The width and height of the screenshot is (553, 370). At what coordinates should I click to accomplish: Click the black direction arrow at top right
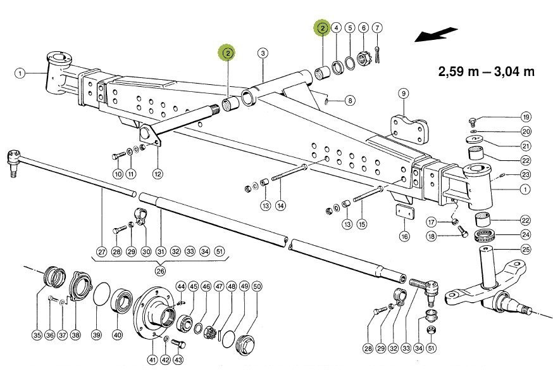[x=436, y=34]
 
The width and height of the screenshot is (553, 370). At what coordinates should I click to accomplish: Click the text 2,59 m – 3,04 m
[x=486, y=71]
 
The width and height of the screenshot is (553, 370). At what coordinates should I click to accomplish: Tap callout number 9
[x=402, y=94]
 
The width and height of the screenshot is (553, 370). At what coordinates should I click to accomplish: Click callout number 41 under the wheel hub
[x=152, y=359]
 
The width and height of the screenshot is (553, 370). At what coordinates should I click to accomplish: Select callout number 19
[x=526, y=117]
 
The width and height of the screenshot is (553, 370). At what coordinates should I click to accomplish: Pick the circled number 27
[x=102, y=250]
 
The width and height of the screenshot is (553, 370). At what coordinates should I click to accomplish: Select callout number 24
[x=526, y=234]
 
